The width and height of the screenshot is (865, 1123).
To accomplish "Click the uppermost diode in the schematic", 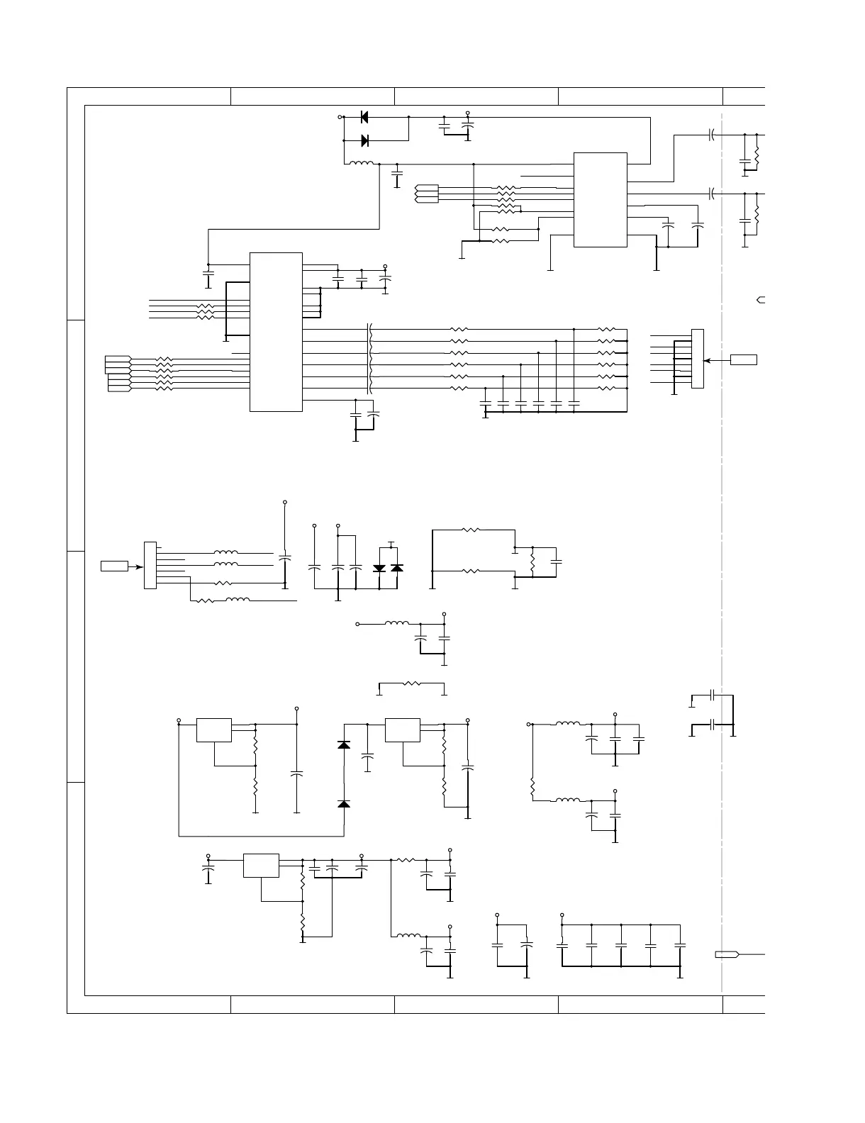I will pos(364,117).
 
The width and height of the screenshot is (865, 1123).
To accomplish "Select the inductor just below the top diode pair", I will pos(362,164).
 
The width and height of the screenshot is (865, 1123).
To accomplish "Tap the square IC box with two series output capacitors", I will pos(600,200).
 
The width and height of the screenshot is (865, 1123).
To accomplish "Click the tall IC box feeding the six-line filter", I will pos(276,331).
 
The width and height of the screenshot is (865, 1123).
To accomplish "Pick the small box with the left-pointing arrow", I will pos(744,360).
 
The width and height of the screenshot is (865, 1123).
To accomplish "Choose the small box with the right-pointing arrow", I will pos(114,566).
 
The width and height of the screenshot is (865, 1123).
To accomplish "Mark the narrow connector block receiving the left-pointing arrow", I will pos(698,359).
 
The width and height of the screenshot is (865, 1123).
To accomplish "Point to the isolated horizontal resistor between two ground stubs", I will pos(411,685).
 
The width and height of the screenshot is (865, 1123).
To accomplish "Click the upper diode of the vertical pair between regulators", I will pos(344,745).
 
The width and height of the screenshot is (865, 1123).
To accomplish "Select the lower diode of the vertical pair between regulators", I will pos(344,804).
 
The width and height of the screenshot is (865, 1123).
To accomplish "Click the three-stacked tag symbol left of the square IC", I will pos(427,193).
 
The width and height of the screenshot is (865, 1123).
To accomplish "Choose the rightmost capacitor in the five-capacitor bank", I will pos(680,945).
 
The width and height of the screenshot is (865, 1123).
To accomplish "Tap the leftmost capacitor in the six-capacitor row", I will pos(486,402).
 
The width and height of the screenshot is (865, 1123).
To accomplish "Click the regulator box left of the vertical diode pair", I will pos(214,730).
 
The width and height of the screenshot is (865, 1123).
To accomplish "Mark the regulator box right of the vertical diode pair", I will pos(403,730).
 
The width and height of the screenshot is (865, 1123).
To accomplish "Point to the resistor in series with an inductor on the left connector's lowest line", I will pos(204,600).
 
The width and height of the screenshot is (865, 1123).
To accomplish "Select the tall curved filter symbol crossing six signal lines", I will pos(369,359).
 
